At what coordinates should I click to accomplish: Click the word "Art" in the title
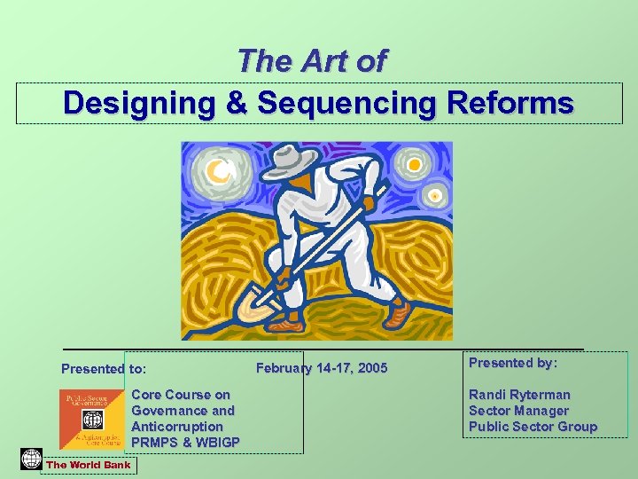tap(321, 61)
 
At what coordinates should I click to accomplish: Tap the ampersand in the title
tap(236, 104)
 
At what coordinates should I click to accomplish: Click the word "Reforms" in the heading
tap(506, 104)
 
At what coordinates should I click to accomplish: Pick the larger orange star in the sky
tap(413, 165)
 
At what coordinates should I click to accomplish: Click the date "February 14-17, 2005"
tap(321, 368)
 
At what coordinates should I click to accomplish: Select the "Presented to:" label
tap(104, 369)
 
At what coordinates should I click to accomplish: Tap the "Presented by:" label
tap(513, 363)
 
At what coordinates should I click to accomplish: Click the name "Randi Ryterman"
tap(519, 395)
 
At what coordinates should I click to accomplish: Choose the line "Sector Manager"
tap(518, 411)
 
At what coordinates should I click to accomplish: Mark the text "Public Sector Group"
tap(533, 427)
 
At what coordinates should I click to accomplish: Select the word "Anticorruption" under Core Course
tap(177, 427)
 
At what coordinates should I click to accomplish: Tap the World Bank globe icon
tap(31, 459)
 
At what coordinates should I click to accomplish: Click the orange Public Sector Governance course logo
tap(92, 419)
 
